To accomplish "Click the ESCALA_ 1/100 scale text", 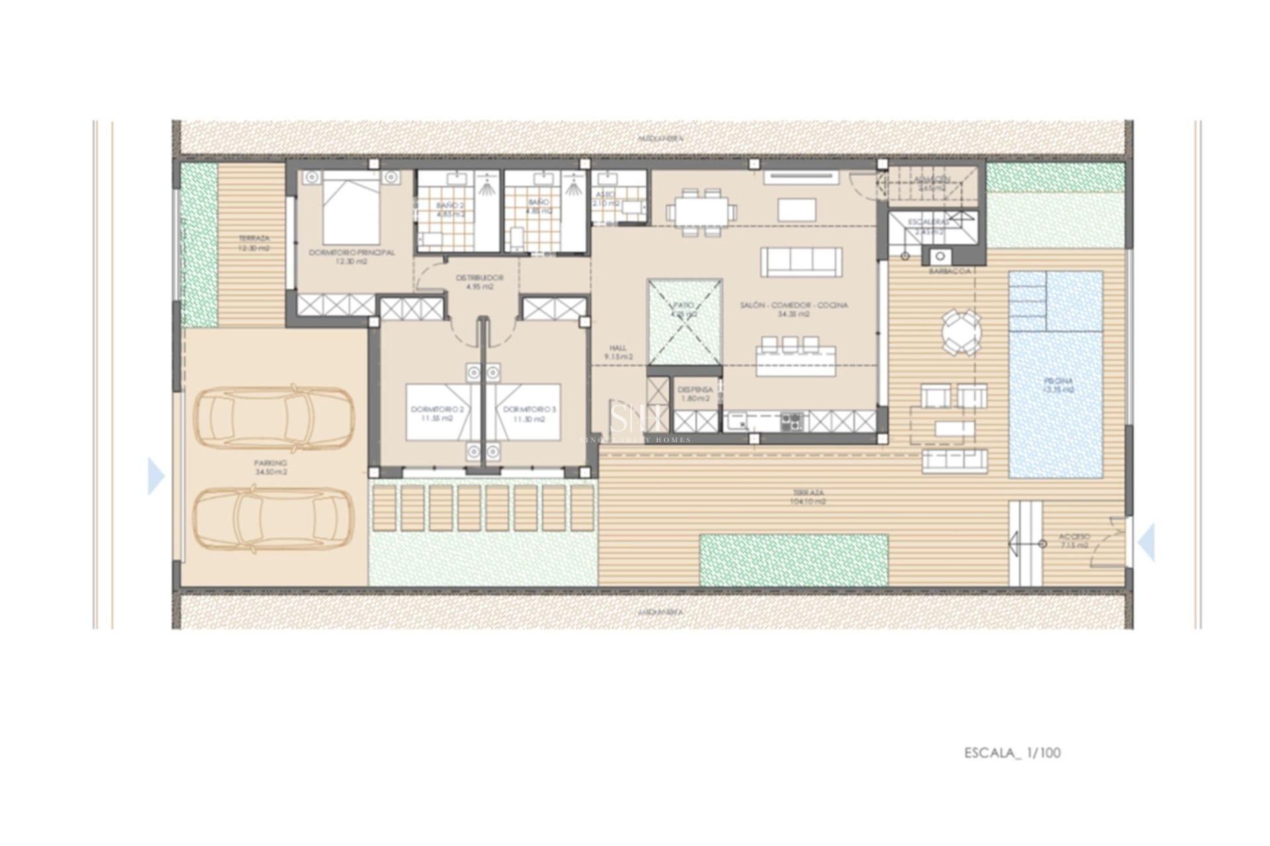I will (x=1012, y=753).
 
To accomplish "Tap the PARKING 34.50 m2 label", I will (x=271, y=467).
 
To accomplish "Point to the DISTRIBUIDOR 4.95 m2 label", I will (x=480, y=282).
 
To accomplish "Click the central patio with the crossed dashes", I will (x=685, y=322).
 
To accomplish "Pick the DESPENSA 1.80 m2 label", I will (x=695, y=394).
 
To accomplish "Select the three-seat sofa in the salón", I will (x=801, y=262).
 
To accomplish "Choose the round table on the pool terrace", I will (x=961, y=332).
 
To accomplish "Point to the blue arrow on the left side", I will (x=155, y=476).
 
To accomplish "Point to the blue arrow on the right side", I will (x=1147, y=542).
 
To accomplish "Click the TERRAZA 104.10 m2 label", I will (x=808, y=497).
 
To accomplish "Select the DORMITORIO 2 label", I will (x=437, y=414).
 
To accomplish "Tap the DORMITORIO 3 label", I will (x=529, y=414).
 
